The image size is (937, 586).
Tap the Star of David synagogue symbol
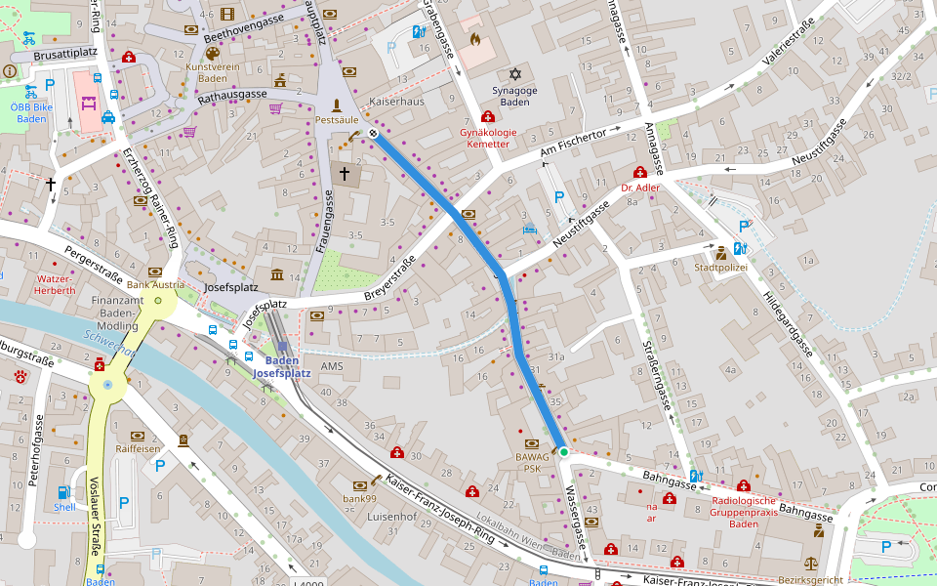515,74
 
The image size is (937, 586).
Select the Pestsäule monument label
337,119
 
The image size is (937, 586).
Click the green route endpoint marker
563,451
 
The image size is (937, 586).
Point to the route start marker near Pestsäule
373,134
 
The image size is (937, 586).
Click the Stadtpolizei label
720,266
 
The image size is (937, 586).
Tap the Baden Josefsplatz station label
282,366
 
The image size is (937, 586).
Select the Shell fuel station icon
64,492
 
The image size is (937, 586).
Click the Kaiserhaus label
396,102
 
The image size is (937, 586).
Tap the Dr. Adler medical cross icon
640,172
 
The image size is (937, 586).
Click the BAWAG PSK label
532,462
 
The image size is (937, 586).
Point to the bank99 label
359,499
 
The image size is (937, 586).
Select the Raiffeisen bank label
138,448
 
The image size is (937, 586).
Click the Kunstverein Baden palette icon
213,54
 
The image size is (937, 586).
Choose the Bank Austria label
154,284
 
